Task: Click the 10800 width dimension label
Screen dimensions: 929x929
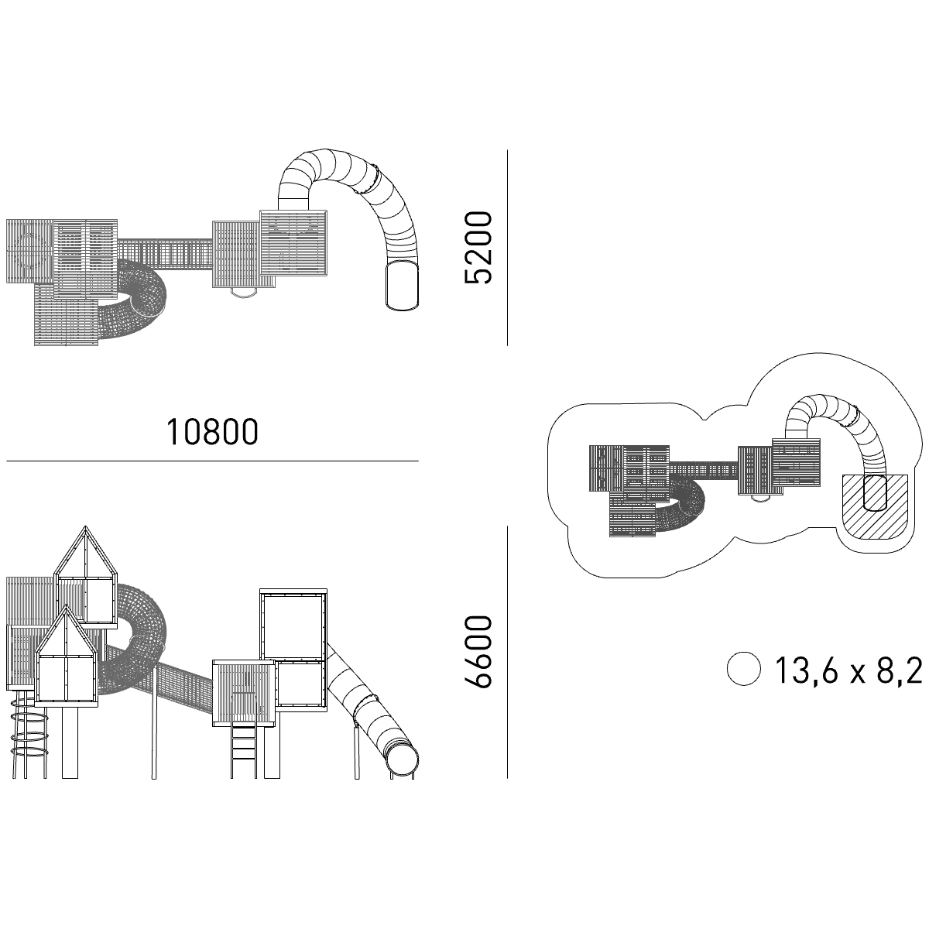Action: (212, 431)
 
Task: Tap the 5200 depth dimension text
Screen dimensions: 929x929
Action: (478, 247)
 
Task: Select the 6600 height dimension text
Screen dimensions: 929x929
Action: (478, 651)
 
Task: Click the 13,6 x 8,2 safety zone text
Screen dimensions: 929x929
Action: (848, 670)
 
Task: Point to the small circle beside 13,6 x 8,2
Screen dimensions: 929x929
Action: (743, 669)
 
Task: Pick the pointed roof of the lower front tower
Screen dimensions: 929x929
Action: (66, 631)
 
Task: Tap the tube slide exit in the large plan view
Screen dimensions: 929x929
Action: (402, 284)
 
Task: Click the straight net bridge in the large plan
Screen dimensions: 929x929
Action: (165, 255)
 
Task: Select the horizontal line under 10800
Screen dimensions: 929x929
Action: (212, 461)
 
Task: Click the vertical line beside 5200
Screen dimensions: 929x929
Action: (507, 247)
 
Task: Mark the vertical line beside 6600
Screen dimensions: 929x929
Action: (507, 652)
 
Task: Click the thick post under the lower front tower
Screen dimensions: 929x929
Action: (70, 742)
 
